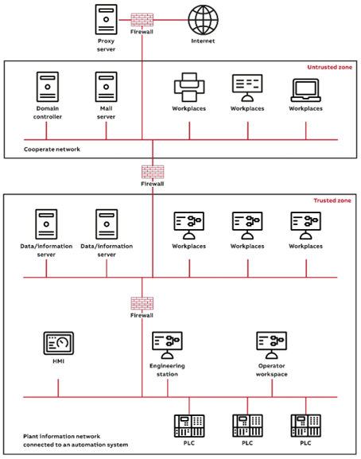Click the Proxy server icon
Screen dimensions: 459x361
[x=106, y=19]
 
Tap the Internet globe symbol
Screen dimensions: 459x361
[x=202, y=19]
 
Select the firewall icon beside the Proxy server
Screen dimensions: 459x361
[x=142, y=19]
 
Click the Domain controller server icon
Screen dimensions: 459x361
[x=47, y=87]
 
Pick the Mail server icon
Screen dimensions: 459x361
[x=106, y=87]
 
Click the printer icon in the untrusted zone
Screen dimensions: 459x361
[x=188, y=87]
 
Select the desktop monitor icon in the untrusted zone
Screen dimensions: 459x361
[x=246, y=87]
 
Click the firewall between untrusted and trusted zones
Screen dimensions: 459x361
[x=152, y=171]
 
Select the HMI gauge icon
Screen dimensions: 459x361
[x=58, y=344]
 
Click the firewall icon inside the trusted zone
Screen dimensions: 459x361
[x=142, y=304]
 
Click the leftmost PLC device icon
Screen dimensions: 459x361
[x=188, y=426]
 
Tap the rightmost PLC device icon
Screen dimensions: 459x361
[x=305, y=426]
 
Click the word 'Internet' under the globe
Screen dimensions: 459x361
[x=202, y=40]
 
